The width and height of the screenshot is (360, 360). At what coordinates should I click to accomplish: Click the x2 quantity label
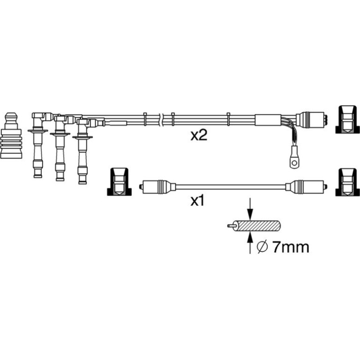coord(199,136)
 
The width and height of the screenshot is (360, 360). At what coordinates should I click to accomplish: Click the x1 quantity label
coord(197,201)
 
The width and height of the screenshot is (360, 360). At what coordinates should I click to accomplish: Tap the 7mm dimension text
coord(291,247)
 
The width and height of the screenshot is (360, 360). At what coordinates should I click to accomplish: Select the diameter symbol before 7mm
coord(262,247)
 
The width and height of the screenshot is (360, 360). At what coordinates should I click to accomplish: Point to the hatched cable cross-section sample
coord(254,226)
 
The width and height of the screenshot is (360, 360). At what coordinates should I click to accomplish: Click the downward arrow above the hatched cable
coord(250,209)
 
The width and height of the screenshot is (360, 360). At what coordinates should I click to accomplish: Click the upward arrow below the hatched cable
coord(250,243)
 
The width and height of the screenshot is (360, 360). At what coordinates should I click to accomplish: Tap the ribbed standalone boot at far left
coord(11,136)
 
